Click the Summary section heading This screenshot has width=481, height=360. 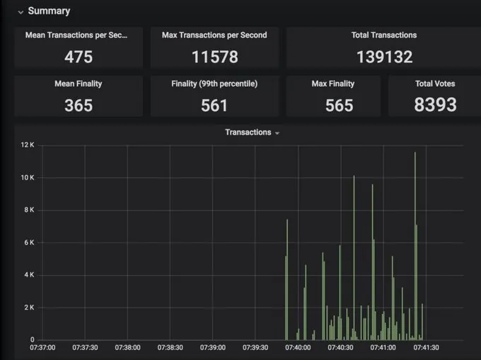(x=49, y=11)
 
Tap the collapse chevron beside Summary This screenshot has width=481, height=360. (x=21, y=11)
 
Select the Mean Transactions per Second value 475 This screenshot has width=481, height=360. (x=79, y=57)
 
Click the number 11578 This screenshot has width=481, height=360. (x=214, y=57)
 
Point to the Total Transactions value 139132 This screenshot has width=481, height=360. (x=384, y=57)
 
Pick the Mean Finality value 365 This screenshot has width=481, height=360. (x=79, y=105)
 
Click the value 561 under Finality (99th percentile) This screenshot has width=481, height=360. (x=214, y=105)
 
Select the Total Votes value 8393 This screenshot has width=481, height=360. (x=435, y=105)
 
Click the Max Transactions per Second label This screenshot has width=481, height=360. (x=214, y=35)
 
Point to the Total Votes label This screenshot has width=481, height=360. (x=435, y=83)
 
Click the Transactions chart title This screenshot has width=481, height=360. (x=248, y=132)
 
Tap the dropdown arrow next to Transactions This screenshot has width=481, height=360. (x=277, y=133)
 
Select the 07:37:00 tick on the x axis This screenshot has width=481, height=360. (x=42, y=347)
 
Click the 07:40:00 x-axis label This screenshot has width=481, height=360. (x=298, y=347)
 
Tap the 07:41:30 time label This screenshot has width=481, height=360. (x=425, y=347)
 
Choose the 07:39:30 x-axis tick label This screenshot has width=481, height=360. (x=255, y=347)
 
